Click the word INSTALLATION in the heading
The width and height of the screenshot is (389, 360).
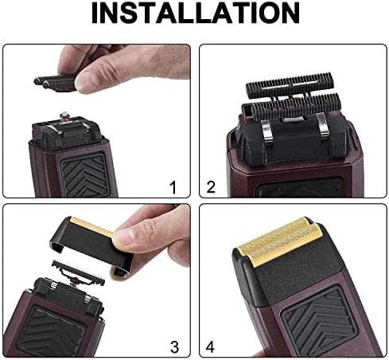click(x=195, y=14)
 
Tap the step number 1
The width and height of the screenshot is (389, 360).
click(x=173, y=187)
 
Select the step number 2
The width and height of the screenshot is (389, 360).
click(x=211, y=187)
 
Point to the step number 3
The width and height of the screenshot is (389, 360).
click(x=174, y=346)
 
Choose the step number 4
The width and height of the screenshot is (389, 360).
click(x=210, y=346)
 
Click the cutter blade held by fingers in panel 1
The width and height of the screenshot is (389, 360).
click(x=56, y=83)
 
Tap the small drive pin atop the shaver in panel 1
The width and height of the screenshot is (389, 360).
click(x=64, y=115)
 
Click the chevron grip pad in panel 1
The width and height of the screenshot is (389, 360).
click(x=85, y=174)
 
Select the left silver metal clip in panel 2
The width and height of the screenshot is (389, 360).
click(x=266, y=131)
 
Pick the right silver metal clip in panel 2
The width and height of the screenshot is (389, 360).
click(x=323, y=126)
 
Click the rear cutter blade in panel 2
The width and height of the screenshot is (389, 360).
click(x=290, y=85)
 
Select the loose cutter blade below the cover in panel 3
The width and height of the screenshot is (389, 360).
click(x=78, y=273)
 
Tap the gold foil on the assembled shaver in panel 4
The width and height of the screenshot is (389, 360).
click(x=280, y=241)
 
